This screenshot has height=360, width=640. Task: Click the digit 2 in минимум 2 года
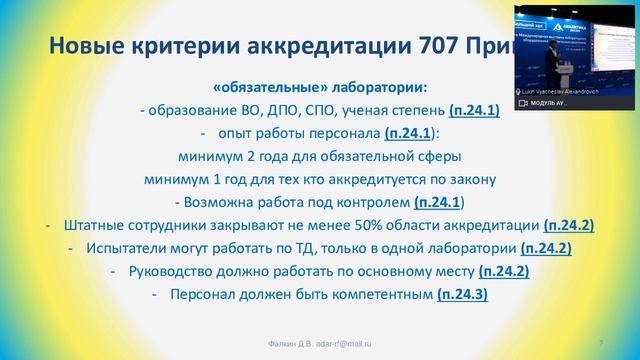251,156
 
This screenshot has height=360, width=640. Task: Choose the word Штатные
96,225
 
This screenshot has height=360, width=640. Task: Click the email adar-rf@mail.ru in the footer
346,343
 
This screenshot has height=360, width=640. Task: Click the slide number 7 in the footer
611,343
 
